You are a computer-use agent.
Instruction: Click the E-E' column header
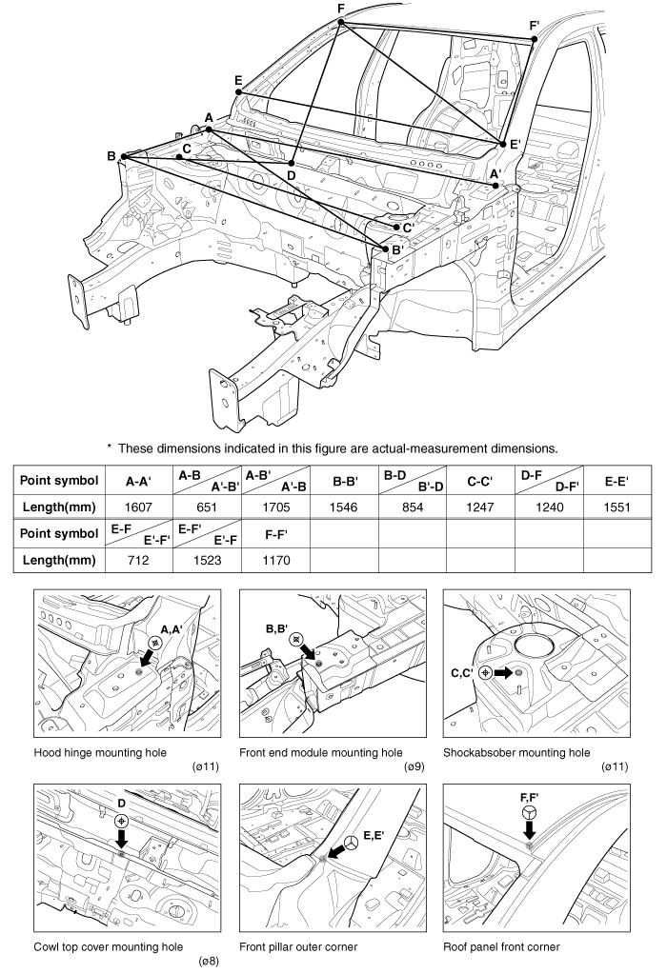click(x=616, y=483)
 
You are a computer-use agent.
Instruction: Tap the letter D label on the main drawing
click(x=292, y=176)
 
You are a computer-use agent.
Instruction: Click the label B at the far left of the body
click(x=111, y=155)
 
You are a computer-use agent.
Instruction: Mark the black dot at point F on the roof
click(x=340, y=22)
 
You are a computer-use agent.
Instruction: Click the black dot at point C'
click(x=396, y=227)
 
